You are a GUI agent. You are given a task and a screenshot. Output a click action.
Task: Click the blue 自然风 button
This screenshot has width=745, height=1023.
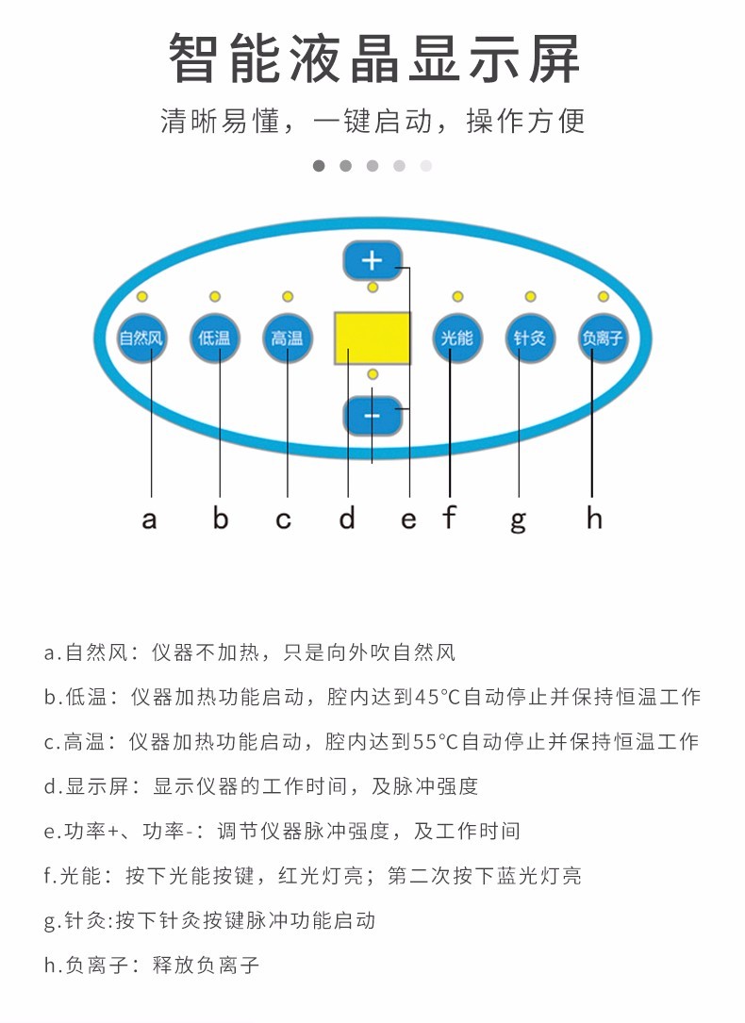(x=141, y=338)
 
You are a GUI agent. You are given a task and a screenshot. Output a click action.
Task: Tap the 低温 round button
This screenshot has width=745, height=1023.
(x=215, y=338)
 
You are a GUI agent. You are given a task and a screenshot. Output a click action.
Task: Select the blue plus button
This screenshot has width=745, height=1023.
(x=372, y=260)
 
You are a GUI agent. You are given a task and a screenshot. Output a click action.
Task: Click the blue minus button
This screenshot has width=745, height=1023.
(x=372, y=416)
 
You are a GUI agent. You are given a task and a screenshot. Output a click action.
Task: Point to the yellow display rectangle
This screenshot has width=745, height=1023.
(x=372, y=338)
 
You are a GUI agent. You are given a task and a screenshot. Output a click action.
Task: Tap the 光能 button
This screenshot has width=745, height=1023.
(x=456, y=338)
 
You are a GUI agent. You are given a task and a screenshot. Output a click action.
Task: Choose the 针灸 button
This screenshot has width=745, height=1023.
(x=530, y=338)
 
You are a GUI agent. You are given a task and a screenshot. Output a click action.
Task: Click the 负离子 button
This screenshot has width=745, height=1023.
(x=603, y=338)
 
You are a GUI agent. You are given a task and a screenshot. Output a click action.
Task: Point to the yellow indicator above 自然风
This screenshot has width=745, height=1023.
(x=142, y=297)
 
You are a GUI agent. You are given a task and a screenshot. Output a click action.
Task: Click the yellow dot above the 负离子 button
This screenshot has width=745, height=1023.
(x=604, y=297)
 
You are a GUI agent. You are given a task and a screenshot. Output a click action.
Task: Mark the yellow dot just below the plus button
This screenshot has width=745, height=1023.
(x=373, y=287)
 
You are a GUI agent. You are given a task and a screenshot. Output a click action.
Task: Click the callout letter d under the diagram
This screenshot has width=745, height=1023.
(x=347, y=518)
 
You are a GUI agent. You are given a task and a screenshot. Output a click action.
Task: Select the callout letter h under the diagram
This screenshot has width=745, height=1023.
(x=594, y=518)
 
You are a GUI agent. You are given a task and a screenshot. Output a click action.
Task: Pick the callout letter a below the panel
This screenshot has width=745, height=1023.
(x=149, y=520)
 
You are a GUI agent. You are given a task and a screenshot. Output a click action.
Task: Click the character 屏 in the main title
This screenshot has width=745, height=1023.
(x=554, y=58)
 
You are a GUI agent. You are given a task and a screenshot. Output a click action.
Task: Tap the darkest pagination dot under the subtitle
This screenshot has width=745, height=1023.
(x=319, y=166)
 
